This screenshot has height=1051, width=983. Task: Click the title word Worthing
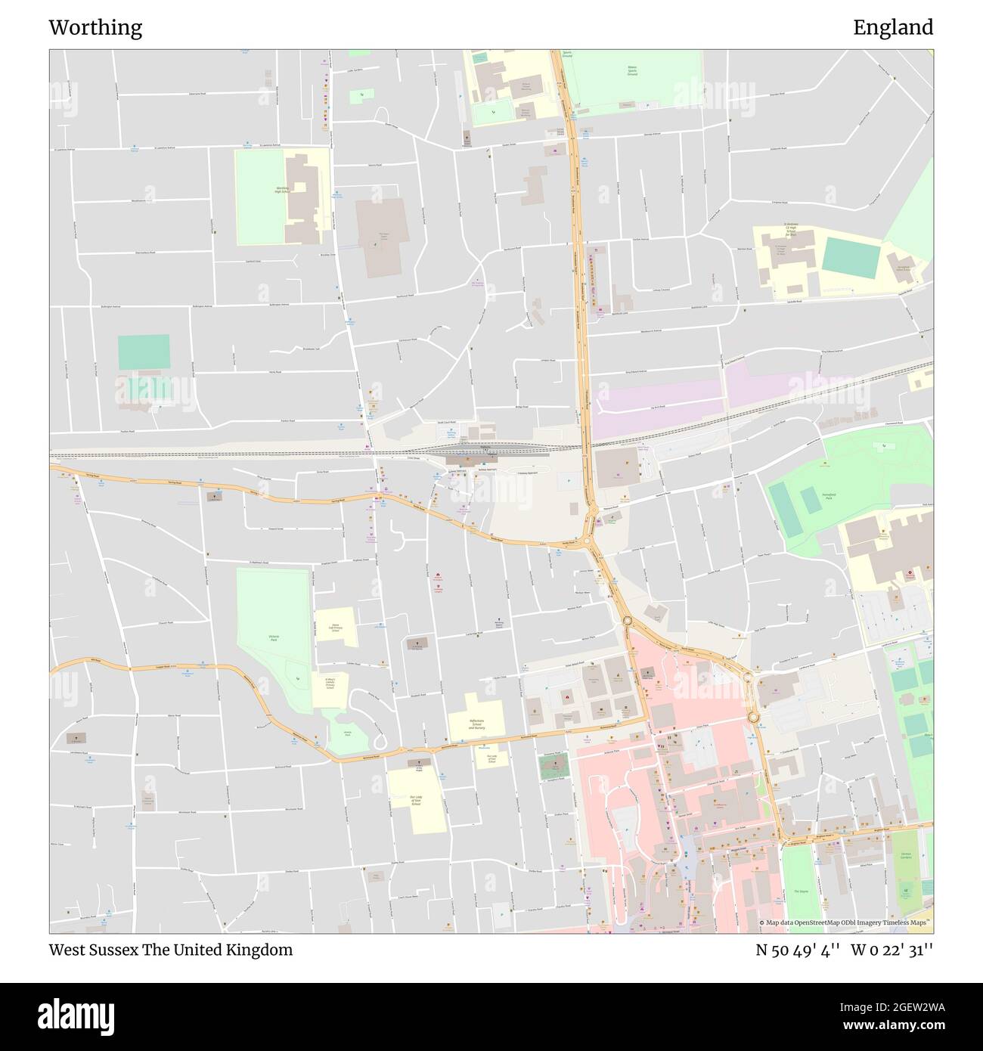tap(95, 28)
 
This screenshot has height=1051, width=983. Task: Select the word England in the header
tap(893, 28)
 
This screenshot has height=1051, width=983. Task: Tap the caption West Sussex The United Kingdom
tap(170, 950)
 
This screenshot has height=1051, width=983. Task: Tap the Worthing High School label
tap(283, 189)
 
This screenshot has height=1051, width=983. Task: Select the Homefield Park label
tap(811, 496)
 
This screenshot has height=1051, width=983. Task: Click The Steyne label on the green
tap(800, 891)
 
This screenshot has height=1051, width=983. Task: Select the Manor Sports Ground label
tap(631, 72)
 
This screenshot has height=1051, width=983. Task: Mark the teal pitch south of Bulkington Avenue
tap(144, 352)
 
